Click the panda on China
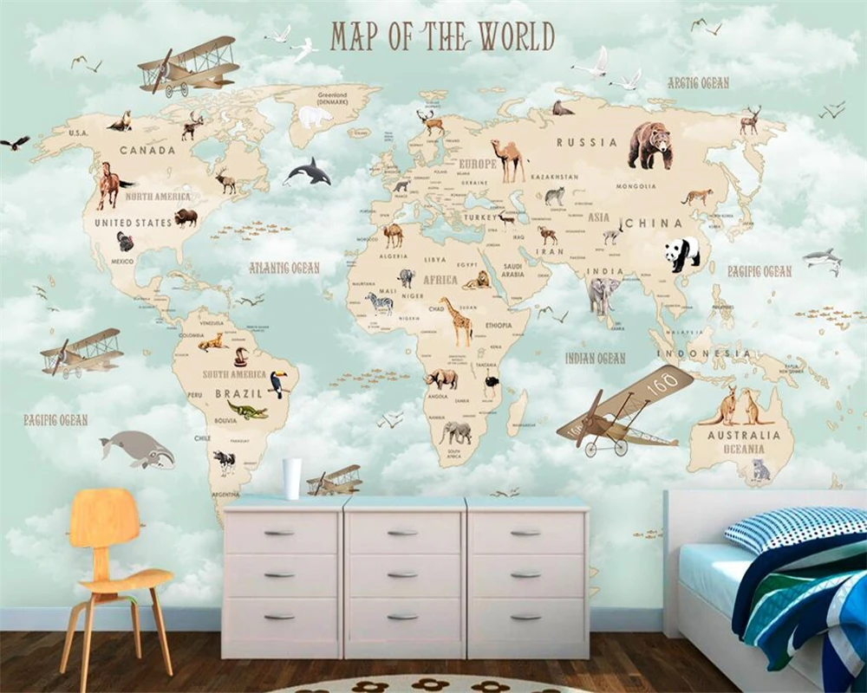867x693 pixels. (682, 254)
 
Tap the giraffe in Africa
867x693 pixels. (456, 321)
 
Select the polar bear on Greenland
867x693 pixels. (315, 117)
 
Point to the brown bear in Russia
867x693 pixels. (649, 144)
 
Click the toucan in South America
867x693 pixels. (278, 383)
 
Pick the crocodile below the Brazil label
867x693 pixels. (248, 410)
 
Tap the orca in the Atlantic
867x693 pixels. (309, 172)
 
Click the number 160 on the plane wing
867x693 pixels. (662, 383)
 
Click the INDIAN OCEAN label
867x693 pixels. (596, 358)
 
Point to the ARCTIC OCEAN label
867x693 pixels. (698, 83)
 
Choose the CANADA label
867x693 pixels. (147, 150)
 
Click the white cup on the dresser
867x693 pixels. (292, 478)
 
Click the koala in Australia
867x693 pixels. (760, 470)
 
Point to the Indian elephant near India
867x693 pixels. (603, 295)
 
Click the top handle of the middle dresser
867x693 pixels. (402, 533)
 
